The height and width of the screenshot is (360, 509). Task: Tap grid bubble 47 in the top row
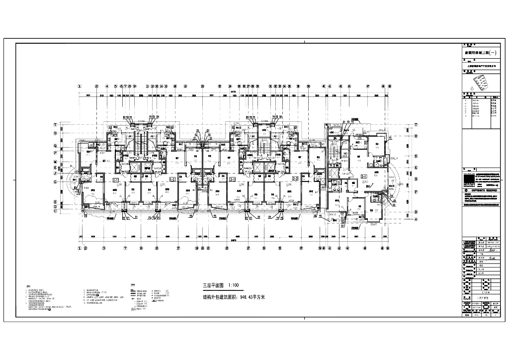point(367,86)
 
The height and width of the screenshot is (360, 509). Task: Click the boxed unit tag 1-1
point(116,179)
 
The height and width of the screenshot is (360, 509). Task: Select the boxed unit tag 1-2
point(171,179)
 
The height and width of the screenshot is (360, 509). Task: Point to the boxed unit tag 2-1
point(232,179)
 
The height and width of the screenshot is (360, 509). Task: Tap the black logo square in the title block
point(469,180)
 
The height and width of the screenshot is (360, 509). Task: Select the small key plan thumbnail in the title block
point(480,82)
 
